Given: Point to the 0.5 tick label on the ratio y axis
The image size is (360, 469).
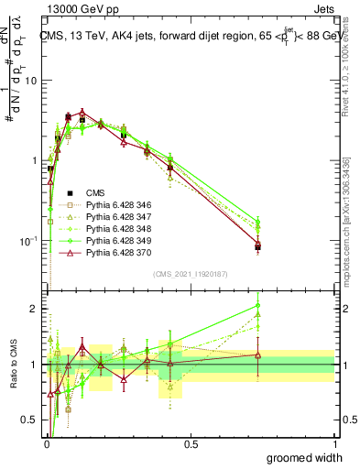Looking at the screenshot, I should click(x=29, y=420).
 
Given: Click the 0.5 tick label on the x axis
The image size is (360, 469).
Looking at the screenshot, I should click(x=191, y=443).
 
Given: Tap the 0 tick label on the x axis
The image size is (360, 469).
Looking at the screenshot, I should click(x=47, y=443).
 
